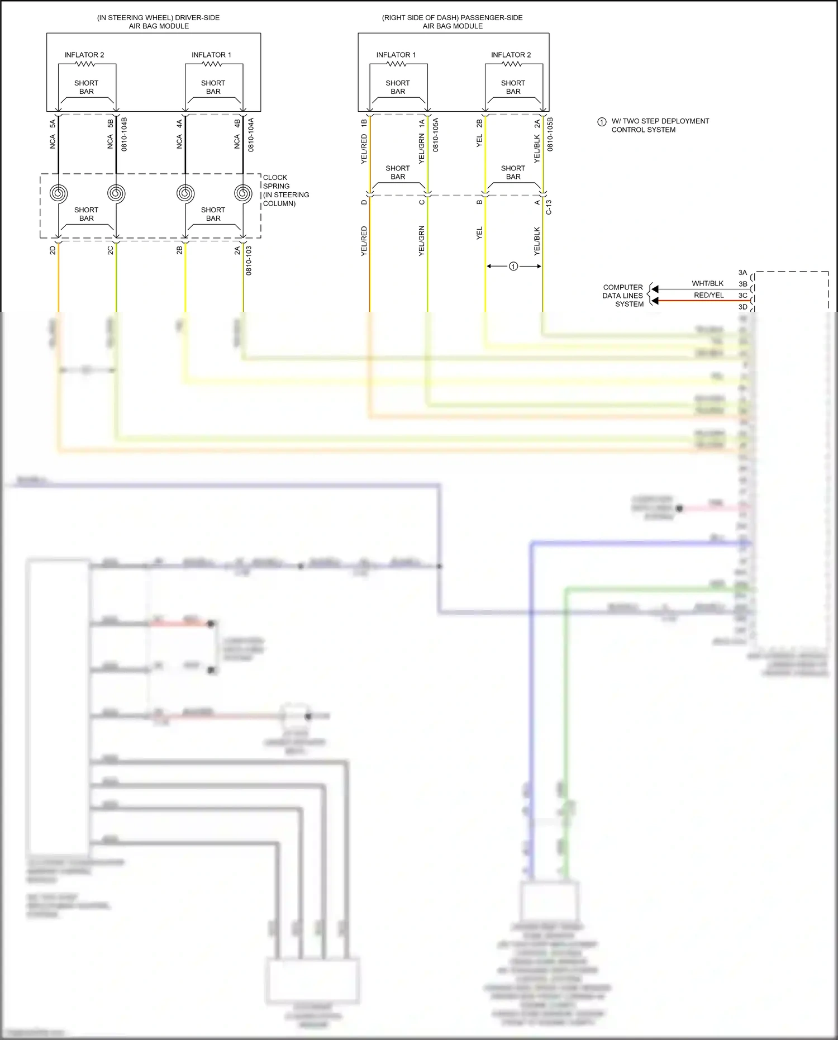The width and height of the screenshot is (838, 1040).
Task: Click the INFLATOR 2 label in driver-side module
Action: click(x=84, y=55)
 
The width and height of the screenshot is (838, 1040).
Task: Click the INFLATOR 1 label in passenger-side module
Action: click(x=396, y=55)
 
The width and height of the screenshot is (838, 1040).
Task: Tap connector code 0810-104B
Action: click(x=124, y=134)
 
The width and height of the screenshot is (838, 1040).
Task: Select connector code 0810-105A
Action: click(x=435, y=135)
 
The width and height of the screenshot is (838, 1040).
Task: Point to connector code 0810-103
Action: click(x=249, y=260)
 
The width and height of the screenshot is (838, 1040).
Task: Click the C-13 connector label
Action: click(x=549, y=207)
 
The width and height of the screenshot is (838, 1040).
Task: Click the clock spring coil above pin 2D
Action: click(x=58, y=193)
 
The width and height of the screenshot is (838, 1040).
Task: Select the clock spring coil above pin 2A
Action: click(x=243, y=193)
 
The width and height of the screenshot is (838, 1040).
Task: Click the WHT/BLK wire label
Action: click(x=707, y=283)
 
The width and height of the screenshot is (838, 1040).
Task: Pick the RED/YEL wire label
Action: click(x=708, y=295)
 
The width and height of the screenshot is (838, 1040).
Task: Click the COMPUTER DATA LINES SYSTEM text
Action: click(x=623, y=296)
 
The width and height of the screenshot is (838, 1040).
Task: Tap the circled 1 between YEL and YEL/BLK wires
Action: click(x=513, y=267)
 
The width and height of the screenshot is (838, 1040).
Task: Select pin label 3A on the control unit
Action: click(x=742, y=273)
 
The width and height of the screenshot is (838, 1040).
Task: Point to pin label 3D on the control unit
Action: click(x=742, y=307)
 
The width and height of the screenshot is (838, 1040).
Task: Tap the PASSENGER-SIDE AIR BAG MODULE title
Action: click(x=453, y=22)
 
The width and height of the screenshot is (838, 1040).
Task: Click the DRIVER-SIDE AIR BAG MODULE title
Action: click(x=159, y=22)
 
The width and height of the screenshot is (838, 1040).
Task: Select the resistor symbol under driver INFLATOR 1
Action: click(x=212, y=64)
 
